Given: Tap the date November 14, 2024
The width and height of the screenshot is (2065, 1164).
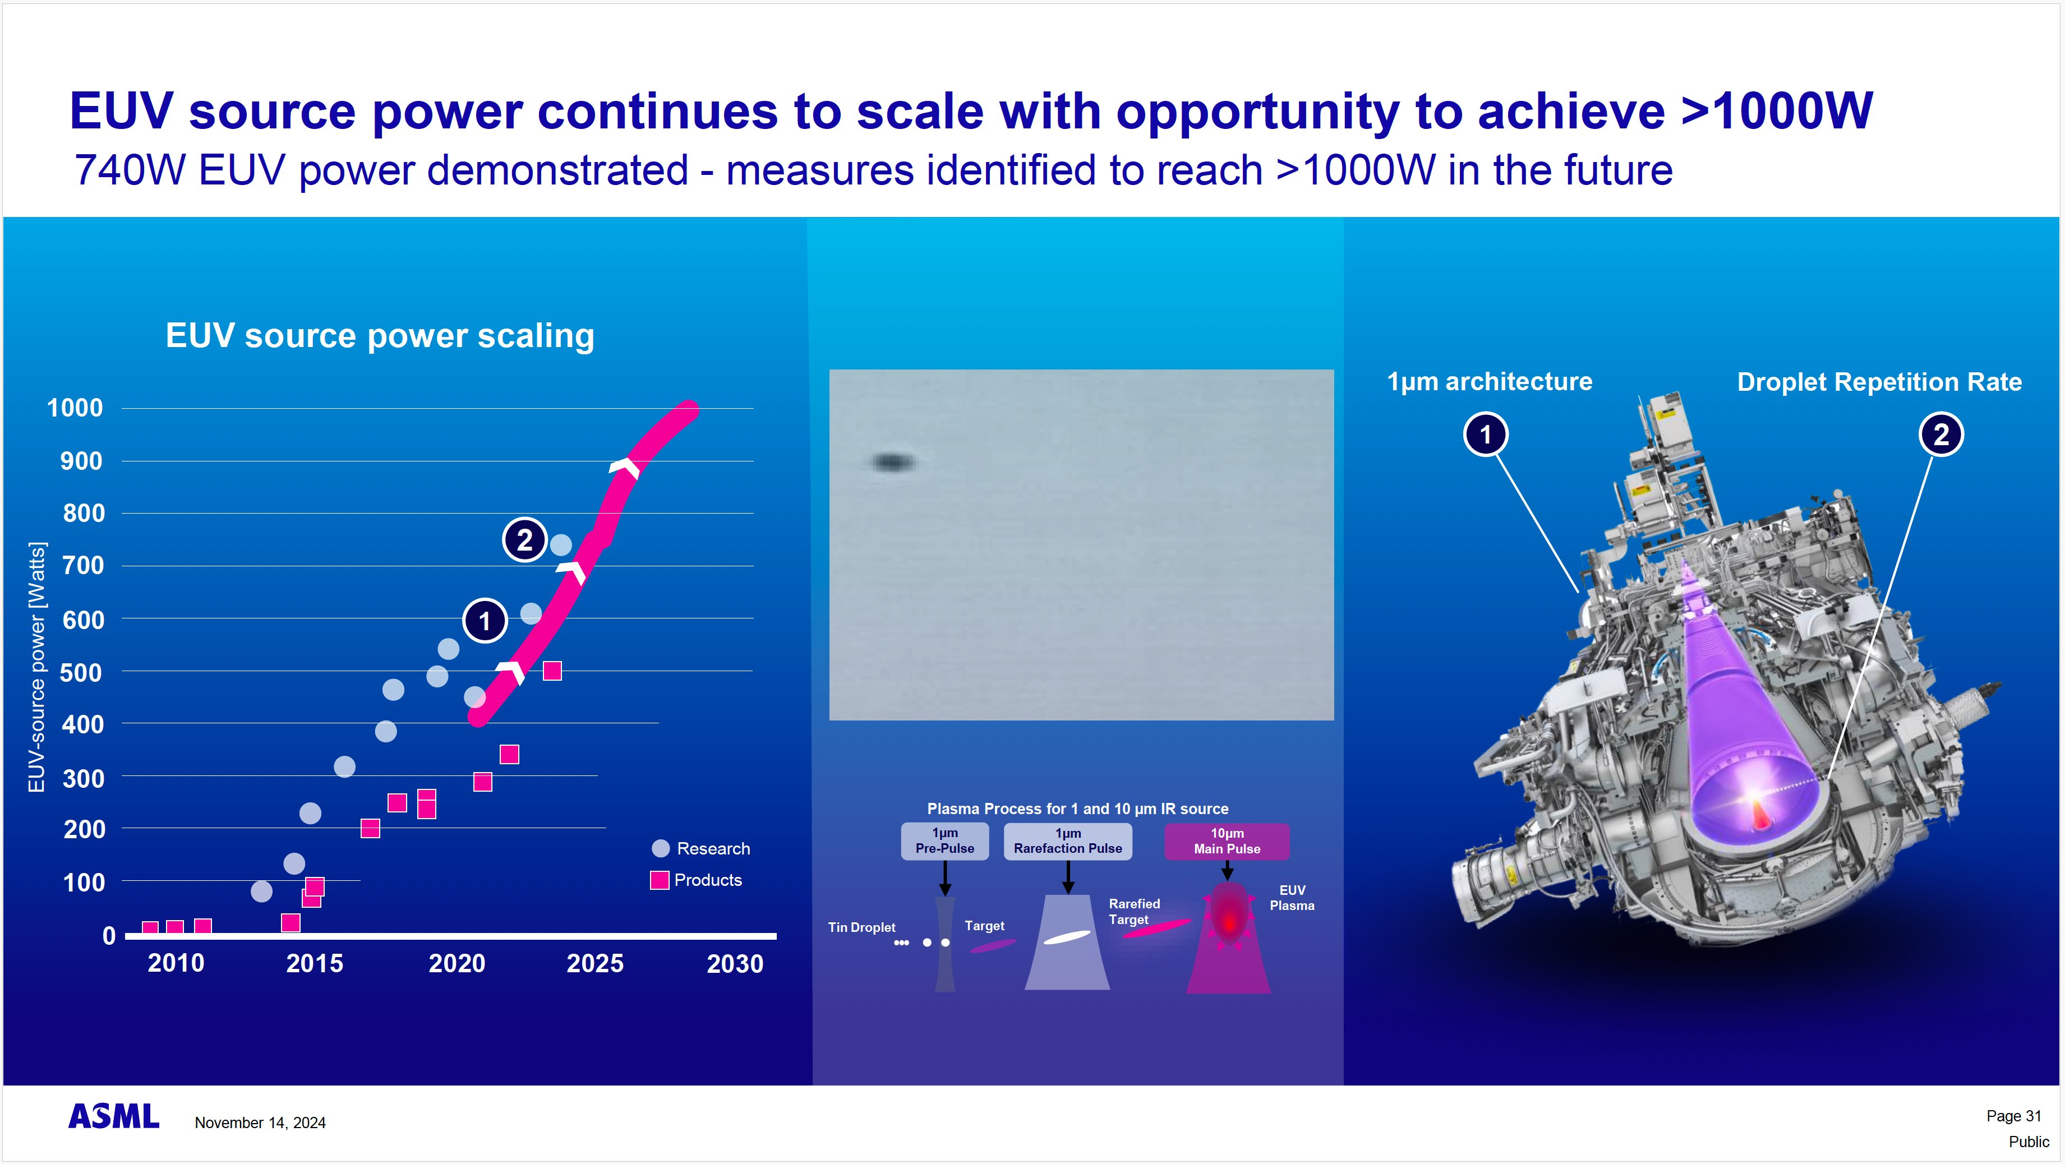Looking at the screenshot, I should point(260,1123).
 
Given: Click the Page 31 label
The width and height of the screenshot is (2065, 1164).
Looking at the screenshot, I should point(2013,1115).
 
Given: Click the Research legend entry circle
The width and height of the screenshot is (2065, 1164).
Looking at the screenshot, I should point(661,848).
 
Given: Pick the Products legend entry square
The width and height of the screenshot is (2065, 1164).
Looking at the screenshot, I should point(659,880).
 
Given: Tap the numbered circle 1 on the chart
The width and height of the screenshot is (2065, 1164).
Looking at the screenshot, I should point(484,621).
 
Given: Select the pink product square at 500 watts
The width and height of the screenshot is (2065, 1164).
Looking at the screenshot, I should point(551,671).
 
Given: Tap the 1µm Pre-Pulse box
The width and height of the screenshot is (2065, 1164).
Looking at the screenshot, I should point(944,841).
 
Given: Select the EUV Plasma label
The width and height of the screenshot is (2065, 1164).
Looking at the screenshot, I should point(1292,897).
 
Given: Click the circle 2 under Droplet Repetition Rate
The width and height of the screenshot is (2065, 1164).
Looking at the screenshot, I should point(1940,435).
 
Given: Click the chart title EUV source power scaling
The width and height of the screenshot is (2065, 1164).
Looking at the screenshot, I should point(379,335).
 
